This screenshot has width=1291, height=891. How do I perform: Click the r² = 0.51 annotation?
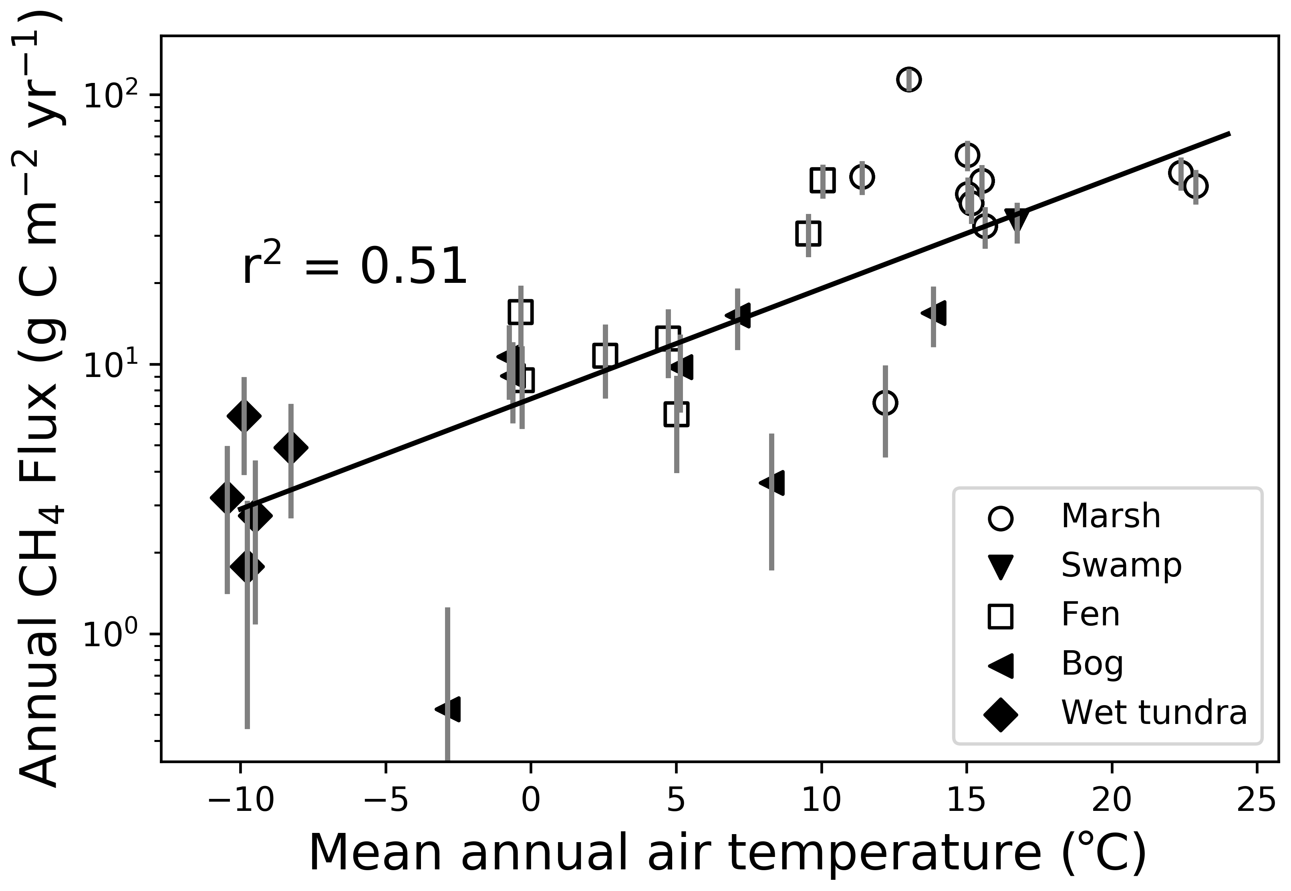click(x=355, y=267)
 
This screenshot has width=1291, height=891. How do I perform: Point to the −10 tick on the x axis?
click(x=241, y=802)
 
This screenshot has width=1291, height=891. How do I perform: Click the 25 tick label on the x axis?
click(x=1257, y=802)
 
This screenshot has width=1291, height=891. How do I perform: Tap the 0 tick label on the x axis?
click(x=531, y=802)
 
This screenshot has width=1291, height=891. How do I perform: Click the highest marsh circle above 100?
click(x=909, y=80)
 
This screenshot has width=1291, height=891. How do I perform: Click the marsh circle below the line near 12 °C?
click(x=885, y=403)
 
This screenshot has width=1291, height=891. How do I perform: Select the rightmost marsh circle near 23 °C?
click(x=1196, y=186)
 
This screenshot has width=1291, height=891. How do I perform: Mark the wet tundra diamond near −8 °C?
click(x=291, y=447)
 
